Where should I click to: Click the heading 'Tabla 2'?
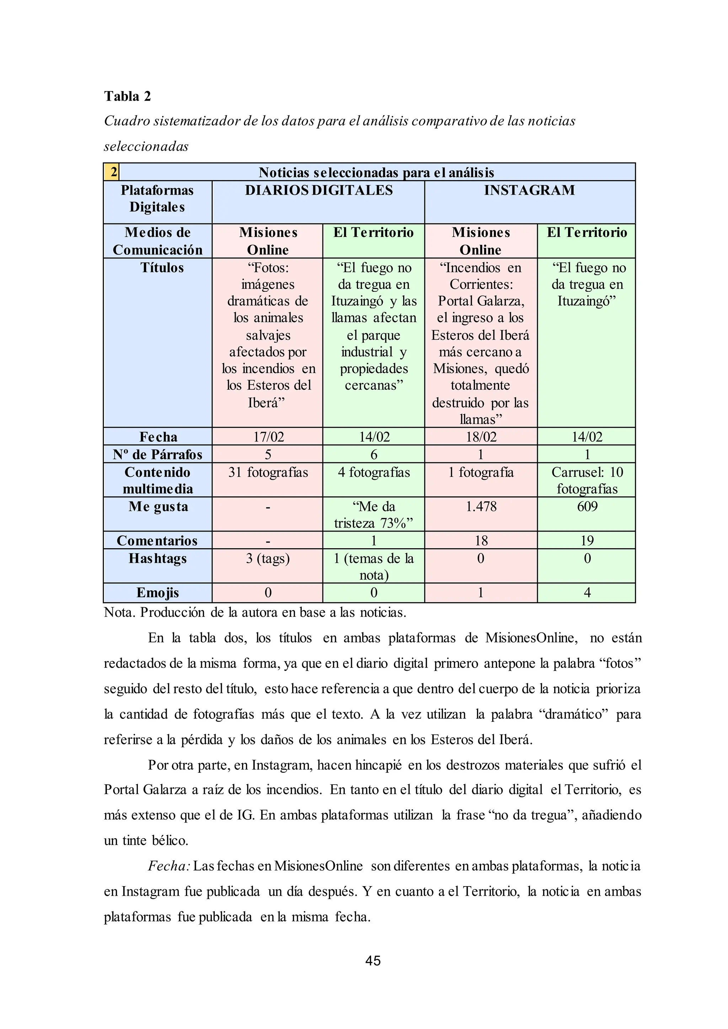coord(127,96)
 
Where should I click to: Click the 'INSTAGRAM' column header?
coord(529,190)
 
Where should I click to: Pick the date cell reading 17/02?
coord(268,437)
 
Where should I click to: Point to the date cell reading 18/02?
coord(481,437)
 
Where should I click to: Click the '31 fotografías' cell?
coord(268,472)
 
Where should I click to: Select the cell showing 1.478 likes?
coord(481,507)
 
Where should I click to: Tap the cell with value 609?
coord(587,507)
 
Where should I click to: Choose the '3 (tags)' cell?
coord(268,559)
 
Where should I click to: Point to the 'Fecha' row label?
coord(158,437)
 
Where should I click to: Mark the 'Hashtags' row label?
coord(157,559)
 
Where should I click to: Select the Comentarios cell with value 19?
coord(587,540)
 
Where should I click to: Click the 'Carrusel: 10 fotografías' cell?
coord(587,480)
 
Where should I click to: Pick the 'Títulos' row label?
coord(162,268)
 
